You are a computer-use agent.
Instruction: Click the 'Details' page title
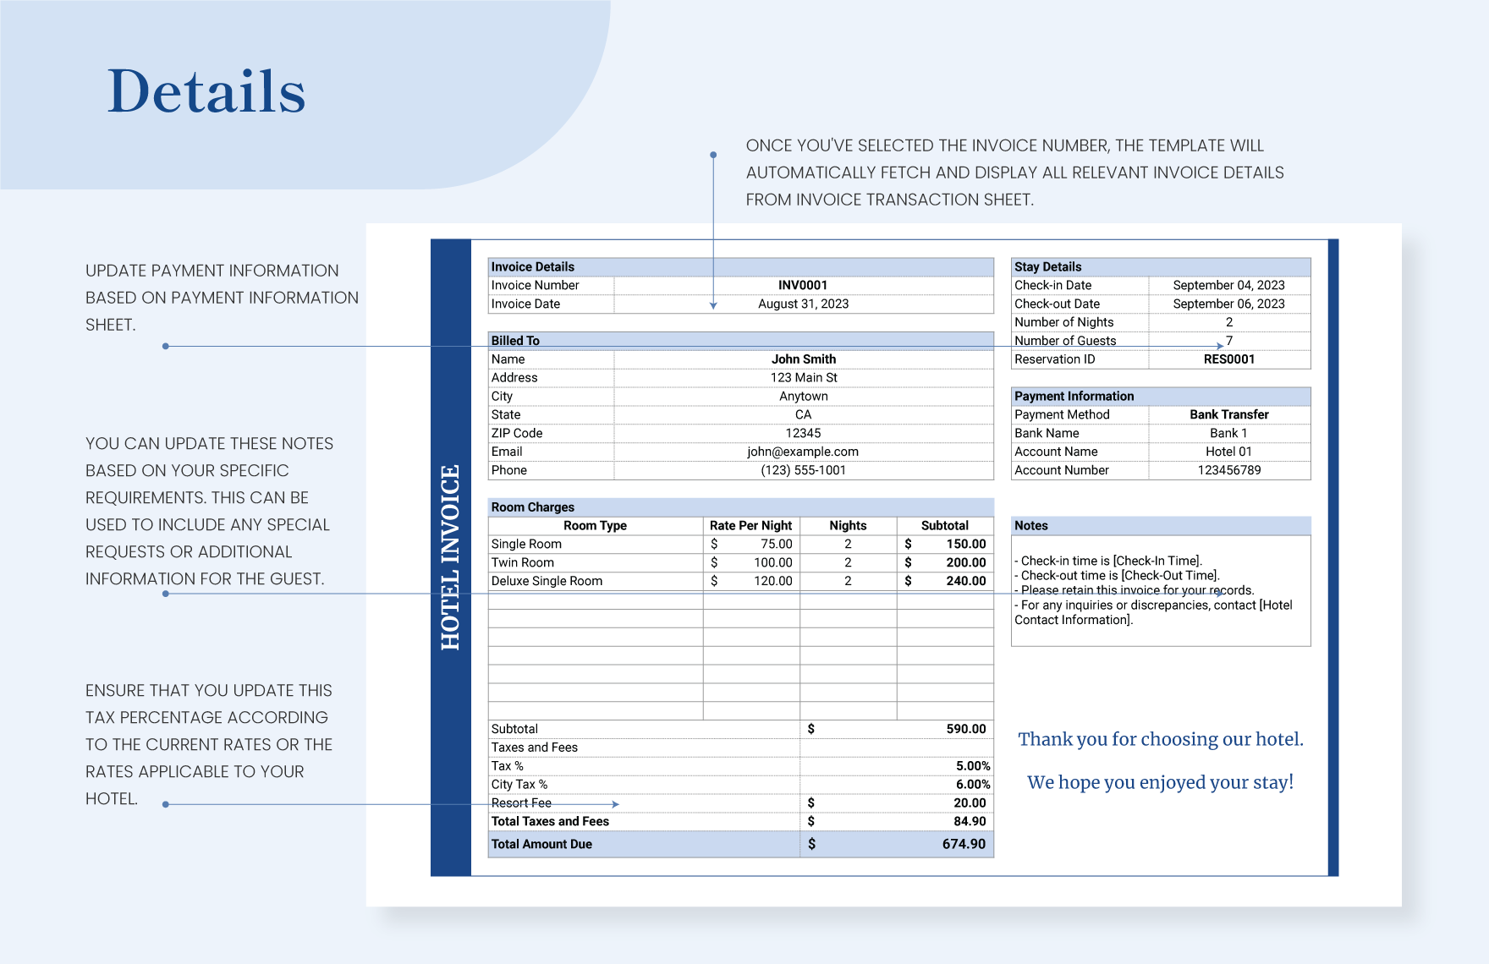206,91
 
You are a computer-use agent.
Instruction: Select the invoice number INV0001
803,285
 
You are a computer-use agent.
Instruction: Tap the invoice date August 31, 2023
803,304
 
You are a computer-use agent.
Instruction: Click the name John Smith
803,359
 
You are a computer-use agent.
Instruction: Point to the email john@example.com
802,452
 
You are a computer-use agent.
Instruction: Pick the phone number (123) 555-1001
803,470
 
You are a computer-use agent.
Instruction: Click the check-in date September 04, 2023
1228,285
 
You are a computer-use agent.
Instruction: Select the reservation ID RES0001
1228,359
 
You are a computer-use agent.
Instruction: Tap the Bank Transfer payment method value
1228,414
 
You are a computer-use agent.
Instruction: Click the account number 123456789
1228,470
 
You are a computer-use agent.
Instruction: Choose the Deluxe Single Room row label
547,581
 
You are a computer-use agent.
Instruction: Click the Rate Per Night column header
750,525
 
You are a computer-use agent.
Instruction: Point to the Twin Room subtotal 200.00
965,562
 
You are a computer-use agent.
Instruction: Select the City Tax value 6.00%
972,785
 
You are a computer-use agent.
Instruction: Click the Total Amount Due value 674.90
964,844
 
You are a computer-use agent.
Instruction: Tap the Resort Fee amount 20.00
970,803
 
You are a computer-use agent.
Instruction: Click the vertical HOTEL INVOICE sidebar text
450,557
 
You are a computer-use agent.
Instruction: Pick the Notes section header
1031,525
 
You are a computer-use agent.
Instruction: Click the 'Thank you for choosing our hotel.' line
1160,739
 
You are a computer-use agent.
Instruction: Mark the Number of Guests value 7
1229,341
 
